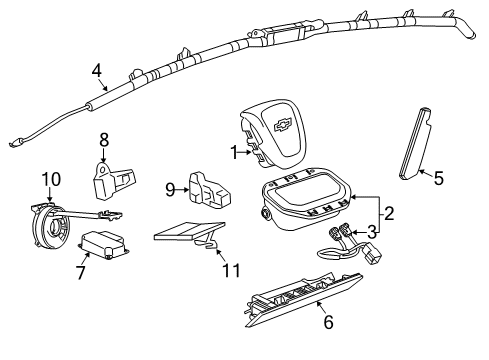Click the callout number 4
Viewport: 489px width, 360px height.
tap(96, 70)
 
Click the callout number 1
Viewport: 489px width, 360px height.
tap(232, 153)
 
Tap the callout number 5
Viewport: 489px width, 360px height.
tap(437, 179)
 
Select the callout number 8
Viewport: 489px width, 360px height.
tap(102, 139)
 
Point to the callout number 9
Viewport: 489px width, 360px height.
tap(169, 188)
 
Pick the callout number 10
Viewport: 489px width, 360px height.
tap(50, 179)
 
